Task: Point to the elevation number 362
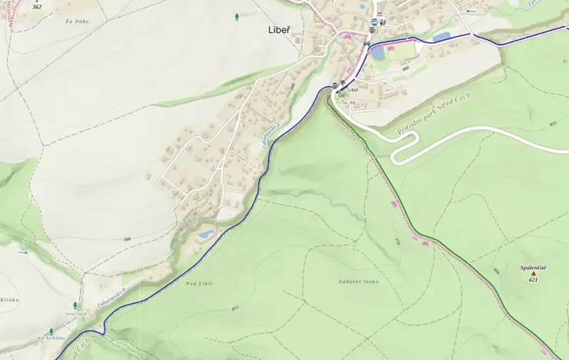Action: coord(37,6)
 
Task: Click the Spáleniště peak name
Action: coord(533,268)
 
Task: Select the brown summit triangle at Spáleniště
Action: coord(533,273)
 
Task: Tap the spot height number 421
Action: coord(533,280)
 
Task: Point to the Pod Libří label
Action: coord(199,284)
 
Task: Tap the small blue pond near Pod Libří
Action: coord(206,233)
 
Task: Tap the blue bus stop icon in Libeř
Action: coord(374,22)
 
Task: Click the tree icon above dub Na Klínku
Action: coord(52,332)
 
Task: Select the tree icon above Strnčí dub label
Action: coord(75,305)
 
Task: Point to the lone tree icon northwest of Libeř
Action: coord(236,15)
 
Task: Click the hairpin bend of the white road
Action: coord(395,157)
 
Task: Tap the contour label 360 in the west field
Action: coord(127,239)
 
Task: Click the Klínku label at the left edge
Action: coord(8,299)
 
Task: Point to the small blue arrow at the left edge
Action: coord(23,252)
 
